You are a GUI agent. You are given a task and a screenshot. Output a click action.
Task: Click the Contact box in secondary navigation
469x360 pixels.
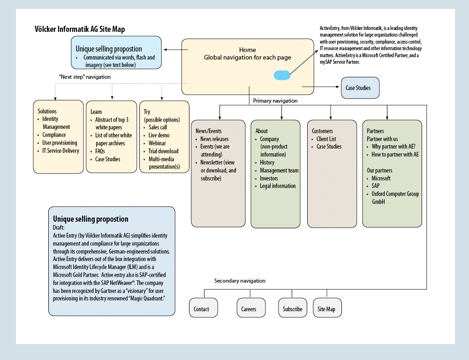204,307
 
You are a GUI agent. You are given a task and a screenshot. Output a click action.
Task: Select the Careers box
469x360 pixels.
251,307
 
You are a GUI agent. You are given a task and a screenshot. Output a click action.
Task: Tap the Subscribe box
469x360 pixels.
293,307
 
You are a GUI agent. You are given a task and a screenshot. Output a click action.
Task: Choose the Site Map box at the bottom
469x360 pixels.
327,307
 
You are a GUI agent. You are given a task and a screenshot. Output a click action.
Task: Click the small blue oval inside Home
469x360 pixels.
282,75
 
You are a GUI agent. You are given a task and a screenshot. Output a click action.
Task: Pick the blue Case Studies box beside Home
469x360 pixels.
360,88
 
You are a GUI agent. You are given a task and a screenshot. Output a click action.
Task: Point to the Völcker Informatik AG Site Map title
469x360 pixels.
80,30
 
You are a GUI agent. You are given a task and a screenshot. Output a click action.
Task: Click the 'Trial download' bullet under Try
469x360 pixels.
163,151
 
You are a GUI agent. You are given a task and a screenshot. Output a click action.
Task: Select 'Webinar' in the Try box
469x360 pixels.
157,143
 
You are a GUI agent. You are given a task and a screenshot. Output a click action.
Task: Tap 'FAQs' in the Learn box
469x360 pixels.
100,151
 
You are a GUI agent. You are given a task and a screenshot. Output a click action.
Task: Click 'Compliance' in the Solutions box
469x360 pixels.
54,135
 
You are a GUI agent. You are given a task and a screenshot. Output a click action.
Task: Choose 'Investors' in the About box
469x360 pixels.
269,179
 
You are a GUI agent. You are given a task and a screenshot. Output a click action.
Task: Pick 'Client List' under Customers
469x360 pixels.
326,139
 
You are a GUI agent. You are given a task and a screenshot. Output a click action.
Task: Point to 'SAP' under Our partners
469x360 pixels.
375,186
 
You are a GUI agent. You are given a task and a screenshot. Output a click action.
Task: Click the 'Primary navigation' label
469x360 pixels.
275,101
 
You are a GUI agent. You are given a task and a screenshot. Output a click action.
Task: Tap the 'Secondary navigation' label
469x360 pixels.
240,281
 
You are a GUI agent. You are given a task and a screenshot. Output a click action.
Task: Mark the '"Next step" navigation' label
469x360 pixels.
84,77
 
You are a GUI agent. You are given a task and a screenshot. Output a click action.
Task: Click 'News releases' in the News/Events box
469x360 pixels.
214,139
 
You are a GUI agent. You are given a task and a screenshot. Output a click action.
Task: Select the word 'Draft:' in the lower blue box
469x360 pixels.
59,228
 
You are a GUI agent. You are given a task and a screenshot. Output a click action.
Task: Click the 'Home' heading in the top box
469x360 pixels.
247,50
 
